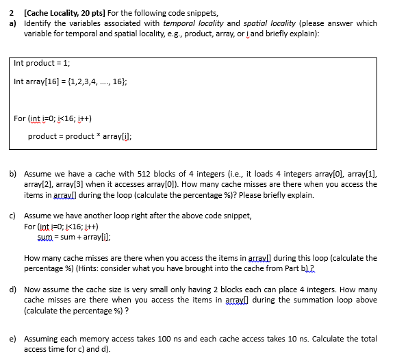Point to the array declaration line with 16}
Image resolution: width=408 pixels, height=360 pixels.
click(x=70, y=81)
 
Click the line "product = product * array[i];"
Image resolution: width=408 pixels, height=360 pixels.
click(x=80, y=136)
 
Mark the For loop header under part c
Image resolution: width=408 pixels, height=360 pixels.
click(x=61, y=226)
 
